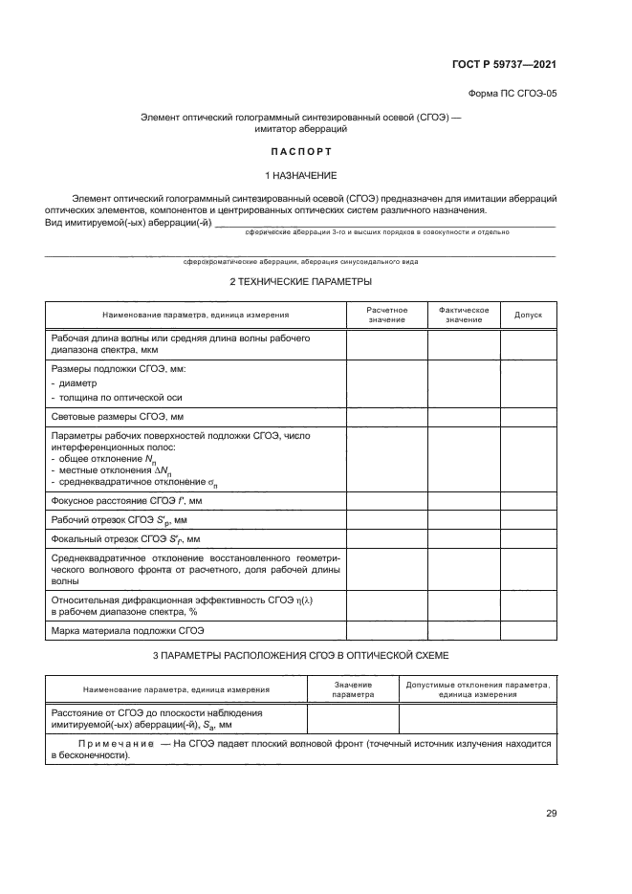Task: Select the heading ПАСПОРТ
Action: [x=300, y=151]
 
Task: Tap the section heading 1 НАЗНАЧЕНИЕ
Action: [x=300, y=176]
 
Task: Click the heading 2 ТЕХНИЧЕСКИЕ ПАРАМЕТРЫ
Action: [x=300, y=281]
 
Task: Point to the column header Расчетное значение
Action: [x=386, y=315]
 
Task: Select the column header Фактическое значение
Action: [x=464, y=315]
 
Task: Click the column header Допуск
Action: [x=528, y=315]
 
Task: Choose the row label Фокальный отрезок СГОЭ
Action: [x=124, y=538]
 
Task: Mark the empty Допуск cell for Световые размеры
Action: [x=528, y=418]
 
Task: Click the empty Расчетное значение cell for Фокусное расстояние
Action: [x=386, y=500]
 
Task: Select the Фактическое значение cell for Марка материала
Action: [x=464, y=631]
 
